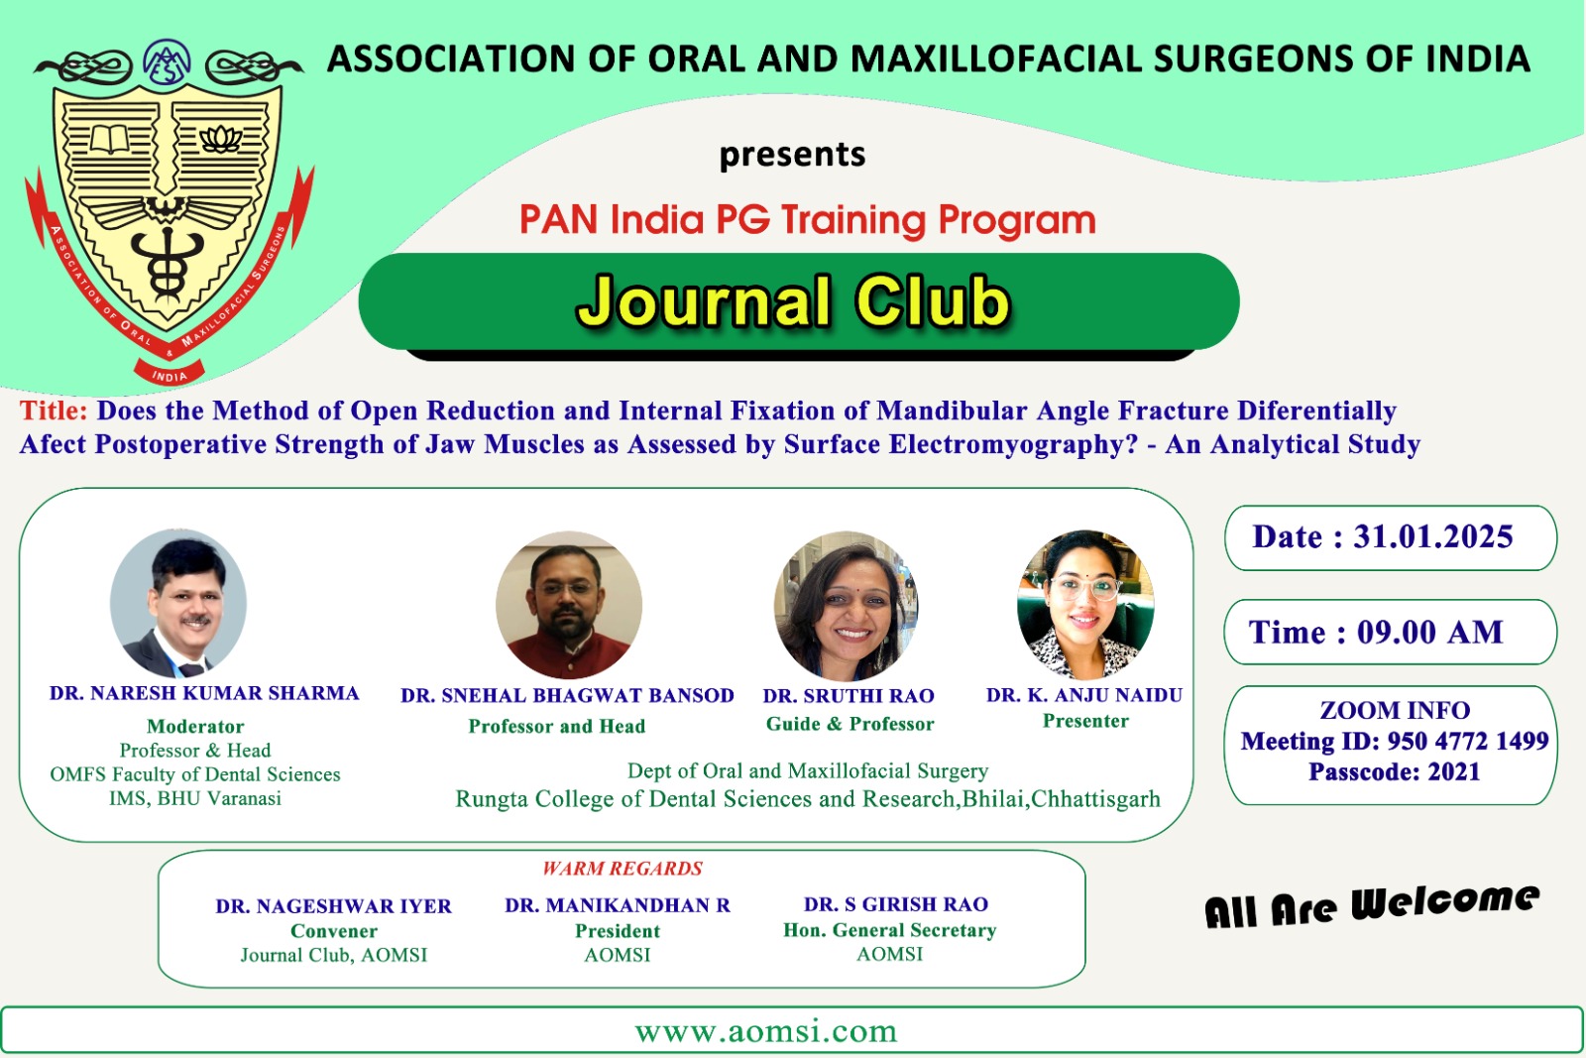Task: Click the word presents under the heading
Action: (792, 155)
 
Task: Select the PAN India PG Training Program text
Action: (807, 219)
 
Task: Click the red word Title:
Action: (54, 411)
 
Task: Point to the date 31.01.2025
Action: (1433, 536)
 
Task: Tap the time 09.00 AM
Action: (1429, 632)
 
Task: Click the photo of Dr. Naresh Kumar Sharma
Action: (178, 603)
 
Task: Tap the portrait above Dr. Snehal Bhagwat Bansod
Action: (569, 605)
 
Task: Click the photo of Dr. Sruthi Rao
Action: (847, 606)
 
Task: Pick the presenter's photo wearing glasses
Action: (1085, 604)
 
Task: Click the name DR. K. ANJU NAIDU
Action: (1084, 695)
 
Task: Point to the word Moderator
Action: (195, 726)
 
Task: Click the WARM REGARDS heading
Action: (623, 869)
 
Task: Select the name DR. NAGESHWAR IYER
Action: (333, 906)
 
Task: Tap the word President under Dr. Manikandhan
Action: (618, 930)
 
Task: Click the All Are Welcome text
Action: (1372, 906)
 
